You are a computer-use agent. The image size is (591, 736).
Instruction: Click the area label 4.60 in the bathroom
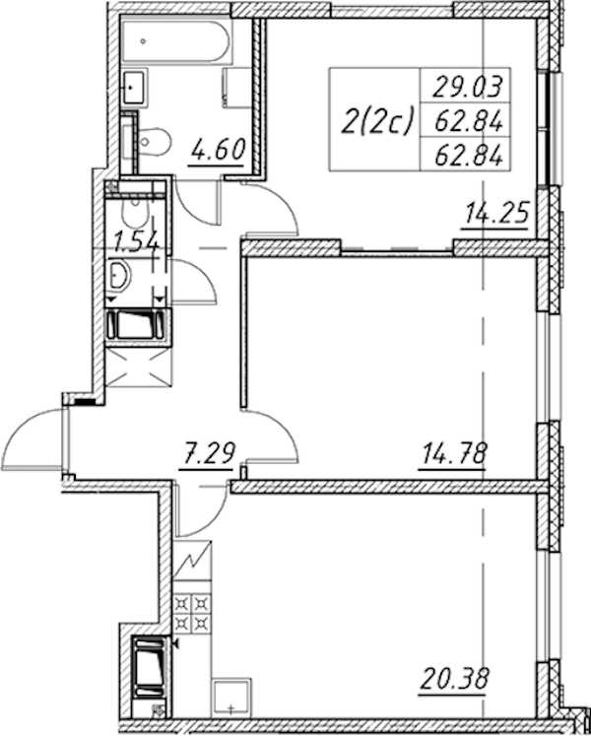[219, 150]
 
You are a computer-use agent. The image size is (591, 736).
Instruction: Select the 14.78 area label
[454, 453]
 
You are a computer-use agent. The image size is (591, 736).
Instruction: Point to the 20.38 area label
[455, 678]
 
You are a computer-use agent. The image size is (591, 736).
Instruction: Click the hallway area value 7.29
[208, 453]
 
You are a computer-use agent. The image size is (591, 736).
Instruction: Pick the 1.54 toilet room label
[136, 242]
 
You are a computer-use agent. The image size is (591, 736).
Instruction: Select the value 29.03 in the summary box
[468, 87]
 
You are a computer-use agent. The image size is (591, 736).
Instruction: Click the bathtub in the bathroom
[176, 40]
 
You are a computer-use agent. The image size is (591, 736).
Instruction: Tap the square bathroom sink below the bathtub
[135, 87]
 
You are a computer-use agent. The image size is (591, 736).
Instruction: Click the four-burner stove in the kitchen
[192, 613]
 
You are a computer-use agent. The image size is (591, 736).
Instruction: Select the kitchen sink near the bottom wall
[230, 698]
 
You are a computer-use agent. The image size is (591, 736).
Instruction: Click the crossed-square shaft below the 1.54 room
[138, 368]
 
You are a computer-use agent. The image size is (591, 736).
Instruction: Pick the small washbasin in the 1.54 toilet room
[119, 277]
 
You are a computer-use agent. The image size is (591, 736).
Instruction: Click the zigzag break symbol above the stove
[192, 560]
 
